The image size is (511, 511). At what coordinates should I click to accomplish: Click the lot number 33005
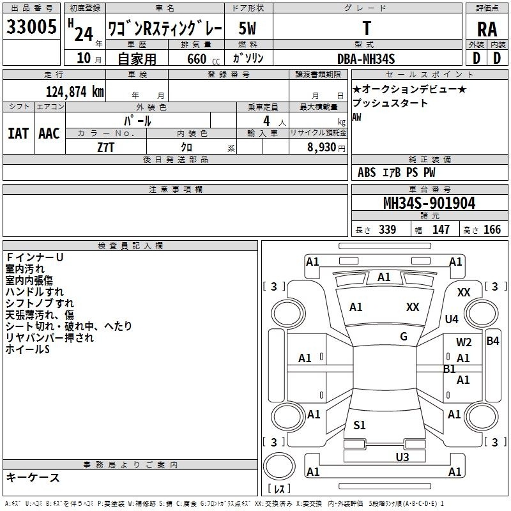(x=31, y=27)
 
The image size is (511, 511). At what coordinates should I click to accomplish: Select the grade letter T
(x=367, y=28)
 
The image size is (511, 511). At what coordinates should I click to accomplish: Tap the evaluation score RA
(x=487, y=29)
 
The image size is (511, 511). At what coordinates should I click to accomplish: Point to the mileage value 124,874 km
(x=75, y=92)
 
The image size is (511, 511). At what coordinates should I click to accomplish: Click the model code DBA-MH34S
(x=366, y=59)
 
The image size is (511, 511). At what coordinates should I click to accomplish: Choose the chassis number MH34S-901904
(x=429, y=203)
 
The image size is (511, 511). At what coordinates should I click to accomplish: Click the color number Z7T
(x=105, y=148)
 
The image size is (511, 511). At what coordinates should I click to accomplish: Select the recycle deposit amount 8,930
(x=321, y=148)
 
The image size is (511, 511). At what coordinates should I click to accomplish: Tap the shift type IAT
(x=19, y=133)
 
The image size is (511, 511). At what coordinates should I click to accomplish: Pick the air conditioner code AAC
(x=49, y=133)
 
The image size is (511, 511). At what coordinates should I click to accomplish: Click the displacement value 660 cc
(x=203, y=59)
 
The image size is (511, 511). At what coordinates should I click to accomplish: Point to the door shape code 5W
(x=247, y=28)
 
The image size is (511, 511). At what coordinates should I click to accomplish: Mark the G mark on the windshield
(x=404, y=337)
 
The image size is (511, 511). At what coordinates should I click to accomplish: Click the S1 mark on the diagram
(x=360, y=425)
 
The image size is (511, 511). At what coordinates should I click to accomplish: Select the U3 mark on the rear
(x=402, y=457)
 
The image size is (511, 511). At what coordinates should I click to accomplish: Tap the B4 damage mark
(x=492, y=341)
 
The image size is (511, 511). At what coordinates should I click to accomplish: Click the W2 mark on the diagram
(x=464, y=342)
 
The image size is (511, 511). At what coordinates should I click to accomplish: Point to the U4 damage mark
(x=452, y=319)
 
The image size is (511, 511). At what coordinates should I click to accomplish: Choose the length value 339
(x=388, y=229)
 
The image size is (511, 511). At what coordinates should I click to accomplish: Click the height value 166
(x=492, y=229)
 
